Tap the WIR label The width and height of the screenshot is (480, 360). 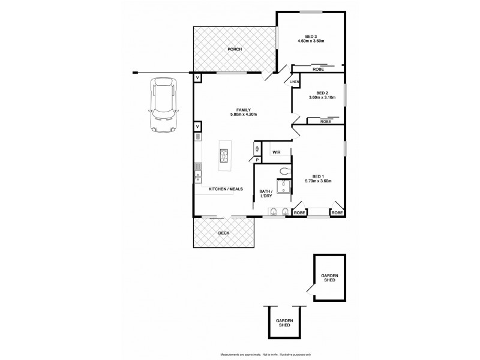[x=277, y=152]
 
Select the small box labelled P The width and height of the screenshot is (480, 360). [x=257, y=160]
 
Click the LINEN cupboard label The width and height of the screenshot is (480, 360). [x=294, y=82]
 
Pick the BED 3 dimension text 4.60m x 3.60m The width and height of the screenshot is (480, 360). [x=310, y=41]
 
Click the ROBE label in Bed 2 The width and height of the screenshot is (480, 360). [x=325, y=121]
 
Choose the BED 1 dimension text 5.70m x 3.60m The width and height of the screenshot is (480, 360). [x=318, y=181]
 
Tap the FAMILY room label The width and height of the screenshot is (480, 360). [x=243, y=110]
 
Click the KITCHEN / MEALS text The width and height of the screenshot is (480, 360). [x=225, y=190]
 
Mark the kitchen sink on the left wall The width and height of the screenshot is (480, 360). [x=197, y=176]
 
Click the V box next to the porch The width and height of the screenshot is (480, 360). [x=197, y=78]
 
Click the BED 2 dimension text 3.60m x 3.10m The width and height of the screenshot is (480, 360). [x=322, y=98]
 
